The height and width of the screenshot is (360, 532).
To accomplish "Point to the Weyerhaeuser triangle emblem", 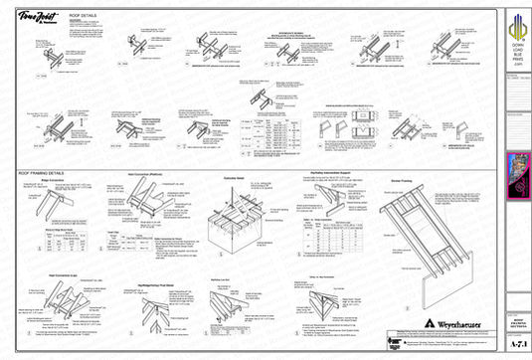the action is coord(426,323).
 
